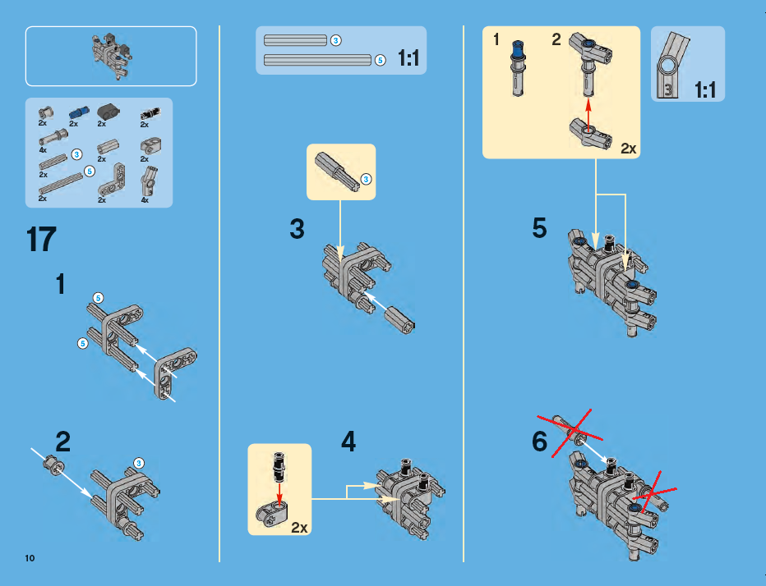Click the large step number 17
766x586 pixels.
point(41,240)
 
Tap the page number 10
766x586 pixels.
point(30,558)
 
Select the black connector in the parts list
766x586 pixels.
point(108,112)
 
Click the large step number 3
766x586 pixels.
point(297,230)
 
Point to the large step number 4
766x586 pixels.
point(348,443)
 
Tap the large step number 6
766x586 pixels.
point(539,442)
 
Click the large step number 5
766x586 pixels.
point(539,228)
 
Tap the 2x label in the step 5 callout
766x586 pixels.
point(629,149)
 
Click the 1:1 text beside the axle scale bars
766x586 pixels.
point(409,58)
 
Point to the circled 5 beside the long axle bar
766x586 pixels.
point(380,60)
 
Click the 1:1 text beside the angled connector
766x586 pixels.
point(704,89)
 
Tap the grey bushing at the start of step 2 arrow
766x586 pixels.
point(52,465)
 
